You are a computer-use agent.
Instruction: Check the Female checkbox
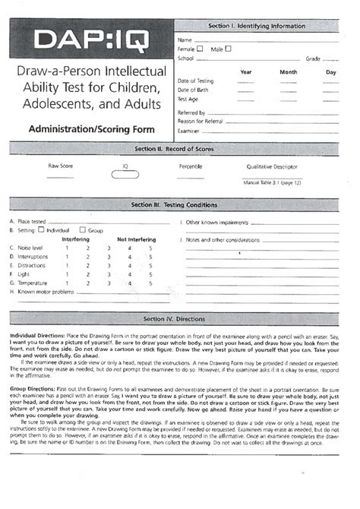200,49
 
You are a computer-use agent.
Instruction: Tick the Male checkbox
228,49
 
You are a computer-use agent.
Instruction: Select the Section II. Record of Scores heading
179,150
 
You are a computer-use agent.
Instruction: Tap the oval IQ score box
125,175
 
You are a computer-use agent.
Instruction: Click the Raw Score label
61,165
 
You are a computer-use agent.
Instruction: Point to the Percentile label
190,165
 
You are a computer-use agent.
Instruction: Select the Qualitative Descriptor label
272,165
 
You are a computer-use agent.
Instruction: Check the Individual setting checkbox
42,229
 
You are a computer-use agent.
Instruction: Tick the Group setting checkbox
83,229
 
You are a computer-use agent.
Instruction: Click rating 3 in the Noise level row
109,248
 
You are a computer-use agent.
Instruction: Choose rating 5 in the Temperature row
150,283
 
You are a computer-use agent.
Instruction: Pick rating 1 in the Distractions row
67,265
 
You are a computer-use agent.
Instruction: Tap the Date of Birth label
194,89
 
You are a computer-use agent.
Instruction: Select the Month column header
289,72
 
